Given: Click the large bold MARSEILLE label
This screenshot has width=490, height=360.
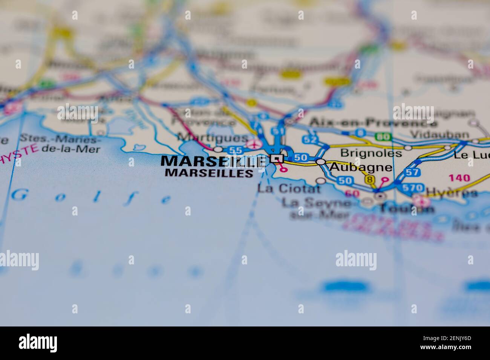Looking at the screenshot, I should tap(213, 161).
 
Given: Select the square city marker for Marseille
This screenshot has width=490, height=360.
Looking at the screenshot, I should tap(277, 159).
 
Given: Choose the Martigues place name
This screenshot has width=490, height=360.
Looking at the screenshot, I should tap(213, 138).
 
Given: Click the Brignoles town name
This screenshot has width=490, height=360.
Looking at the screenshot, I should tap(371, 153).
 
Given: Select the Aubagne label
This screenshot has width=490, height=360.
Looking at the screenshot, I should tap(361, 167).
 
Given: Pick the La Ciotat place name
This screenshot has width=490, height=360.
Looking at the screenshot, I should tap(289, 188).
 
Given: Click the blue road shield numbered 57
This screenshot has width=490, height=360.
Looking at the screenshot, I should tap(413, 172).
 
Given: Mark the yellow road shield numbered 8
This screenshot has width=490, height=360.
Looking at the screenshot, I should tap(370, 180).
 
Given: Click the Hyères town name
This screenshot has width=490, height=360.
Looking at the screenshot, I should tap(452, 193).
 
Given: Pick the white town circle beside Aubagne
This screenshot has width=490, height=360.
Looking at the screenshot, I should tap(321, 162).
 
